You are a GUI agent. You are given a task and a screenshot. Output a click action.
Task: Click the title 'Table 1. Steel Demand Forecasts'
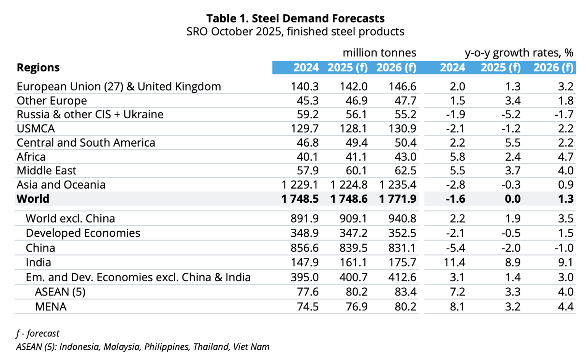click(295, 18)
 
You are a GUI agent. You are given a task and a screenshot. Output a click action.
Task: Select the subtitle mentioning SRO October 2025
click(295, 31)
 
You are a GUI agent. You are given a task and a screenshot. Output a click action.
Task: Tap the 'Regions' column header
click(38, 68)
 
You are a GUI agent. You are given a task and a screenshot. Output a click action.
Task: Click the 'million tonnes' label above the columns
click(379, 53)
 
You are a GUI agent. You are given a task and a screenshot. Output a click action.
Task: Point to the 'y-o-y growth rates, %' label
click(519, 53)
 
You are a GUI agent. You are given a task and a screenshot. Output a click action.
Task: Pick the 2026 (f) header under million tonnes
click(396, 68)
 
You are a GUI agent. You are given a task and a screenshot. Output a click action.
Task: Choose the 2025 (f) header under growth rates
click(500, 68)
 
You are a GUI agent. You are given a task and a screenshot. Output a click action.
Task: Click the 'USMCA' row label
click(36, 129)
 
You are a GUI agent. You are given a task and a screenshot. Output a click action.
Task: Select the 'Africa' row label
click(31, 157)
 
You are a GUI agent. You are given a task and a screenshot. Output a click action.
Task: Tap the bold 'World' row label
click(33, 199)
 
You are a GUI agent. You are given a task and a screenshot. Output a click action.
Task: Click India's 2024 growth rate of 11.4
click(455, 263)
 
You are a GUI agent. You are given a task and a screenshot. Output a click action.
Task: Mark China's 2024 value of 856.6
click(304, 248)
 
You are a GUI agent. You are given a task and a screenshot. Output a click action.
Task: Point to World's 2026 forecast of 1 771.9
click(398, 199)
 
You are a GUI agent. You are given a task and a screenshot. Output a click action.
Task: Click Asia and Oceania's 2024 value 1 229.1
click(300, 185)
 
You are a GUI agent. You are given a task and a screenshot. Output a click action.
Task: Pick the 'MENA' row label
click(51, 307)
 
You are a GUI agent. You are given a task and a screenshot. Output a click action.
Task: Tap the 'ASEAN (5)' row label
click(60, 292)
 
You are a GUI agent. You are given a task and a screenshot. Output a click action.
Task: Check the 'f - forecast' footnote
click(38, 334)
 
